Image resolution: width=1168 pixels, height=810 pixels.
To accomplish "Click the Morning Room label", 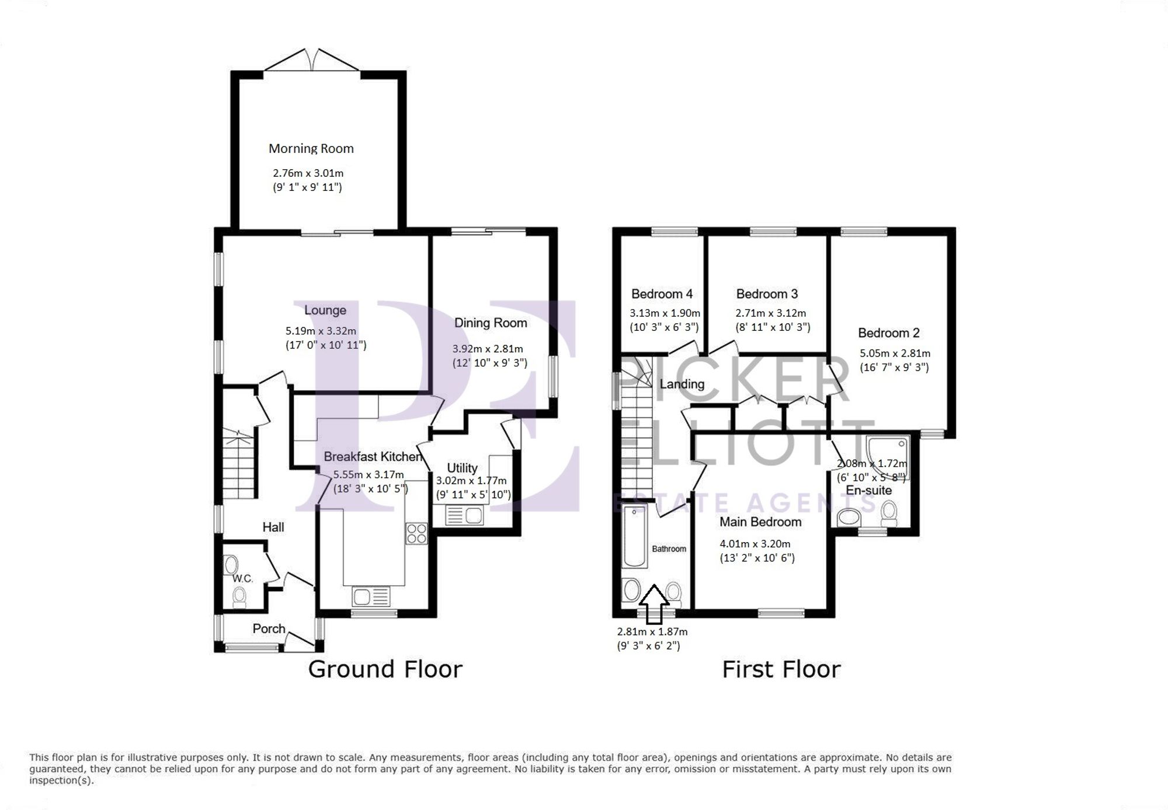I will click(311, 148).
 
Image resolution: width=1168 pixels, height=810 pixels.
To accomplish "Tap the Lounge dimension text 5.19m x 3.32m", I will click(321, 331).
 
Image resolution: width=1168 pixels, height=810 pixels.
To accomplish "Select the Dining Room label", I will click(490, 323).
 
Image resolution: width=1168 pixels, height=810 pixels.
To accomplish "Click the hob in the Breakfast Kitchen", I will click(416, 533).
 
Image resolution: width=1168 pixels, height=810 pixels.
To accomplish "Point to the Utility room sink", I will click(464, 516).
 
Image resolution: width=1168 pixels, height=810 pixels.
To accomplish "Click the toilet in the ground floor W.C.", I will click(239, 596).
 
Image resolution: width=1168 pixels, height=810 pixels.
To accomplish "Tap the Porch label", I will click(269, 629).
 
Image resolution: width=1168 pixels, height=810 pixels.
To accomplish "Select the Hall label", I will click(273, 527).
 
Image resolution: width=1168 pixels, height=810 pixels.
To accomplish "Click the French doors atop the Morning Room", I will click(312, 61).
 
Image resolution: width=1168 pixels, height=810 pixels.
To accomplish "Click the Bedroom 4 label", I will click(662, 294).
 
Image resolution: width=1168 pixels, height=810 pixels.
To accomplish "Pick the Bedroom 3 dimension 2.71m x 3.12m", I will click(770, 313).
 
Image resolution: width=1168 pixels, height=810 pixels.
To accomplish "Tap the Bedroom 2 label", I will click(888, 333).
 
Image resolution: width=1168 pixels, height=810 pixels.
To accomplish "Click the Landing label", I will click(682, 384).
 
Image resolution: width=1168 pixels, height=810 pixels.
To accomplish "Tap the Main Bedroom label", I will click(760, 522).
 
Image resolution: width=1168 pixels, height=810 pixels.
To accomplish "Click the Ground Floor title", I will click(385, 669).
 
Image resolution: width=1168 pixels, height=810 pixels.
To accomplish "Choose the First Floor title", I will click(781, 669).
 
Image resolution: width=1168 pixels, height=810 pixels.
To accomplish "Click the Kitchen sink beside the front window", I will click(371, 597).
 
